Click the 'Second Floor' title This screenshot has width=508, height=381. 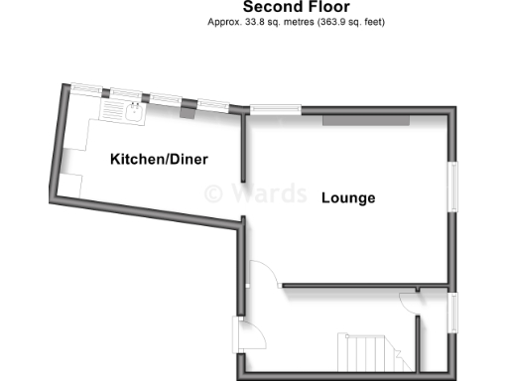[296, 7]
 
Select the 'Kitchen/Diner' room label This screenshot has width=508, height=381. [165, 160]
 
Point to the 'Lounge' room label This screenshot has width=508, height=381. [348, 198]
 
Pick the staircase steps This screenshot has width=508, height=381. [364, 350]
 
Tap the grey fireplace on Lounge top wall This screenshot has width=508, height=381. [364, 121]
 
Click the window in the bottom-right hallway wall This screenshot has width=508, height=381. [453, 314]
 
